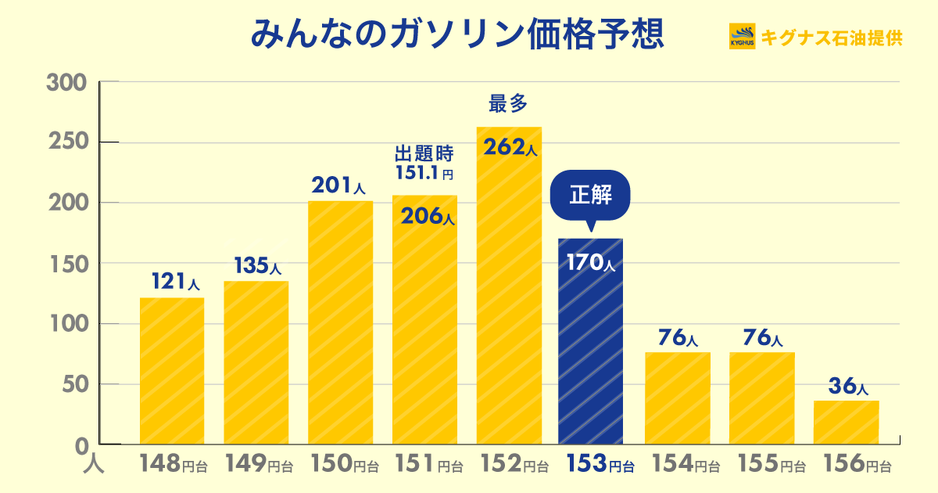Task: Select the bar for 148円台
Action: click(x=172, y=371)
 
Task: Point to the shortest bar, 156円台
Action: click(x=846, y=423)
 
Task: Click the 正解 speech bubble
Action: click(x=589, y=195)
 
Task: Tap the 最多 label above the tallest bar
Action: click(x=509, y=103)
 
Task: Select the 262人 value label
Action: click(x=509, y=147)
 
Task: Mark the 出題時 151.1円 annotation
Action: click(x=424, y=162)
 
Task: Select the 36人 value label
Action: click(x=847, y=386)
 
